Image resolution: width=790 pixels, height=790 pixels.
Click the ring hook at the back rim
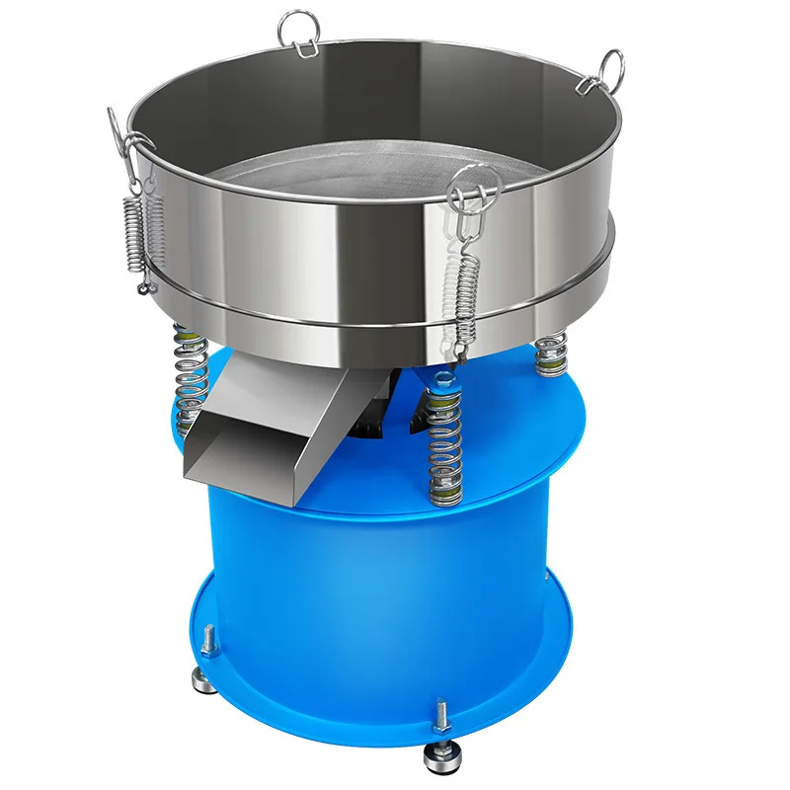click(295, 30)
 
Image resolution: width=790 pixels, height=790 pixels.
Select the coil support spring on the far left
click(188, 380)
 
